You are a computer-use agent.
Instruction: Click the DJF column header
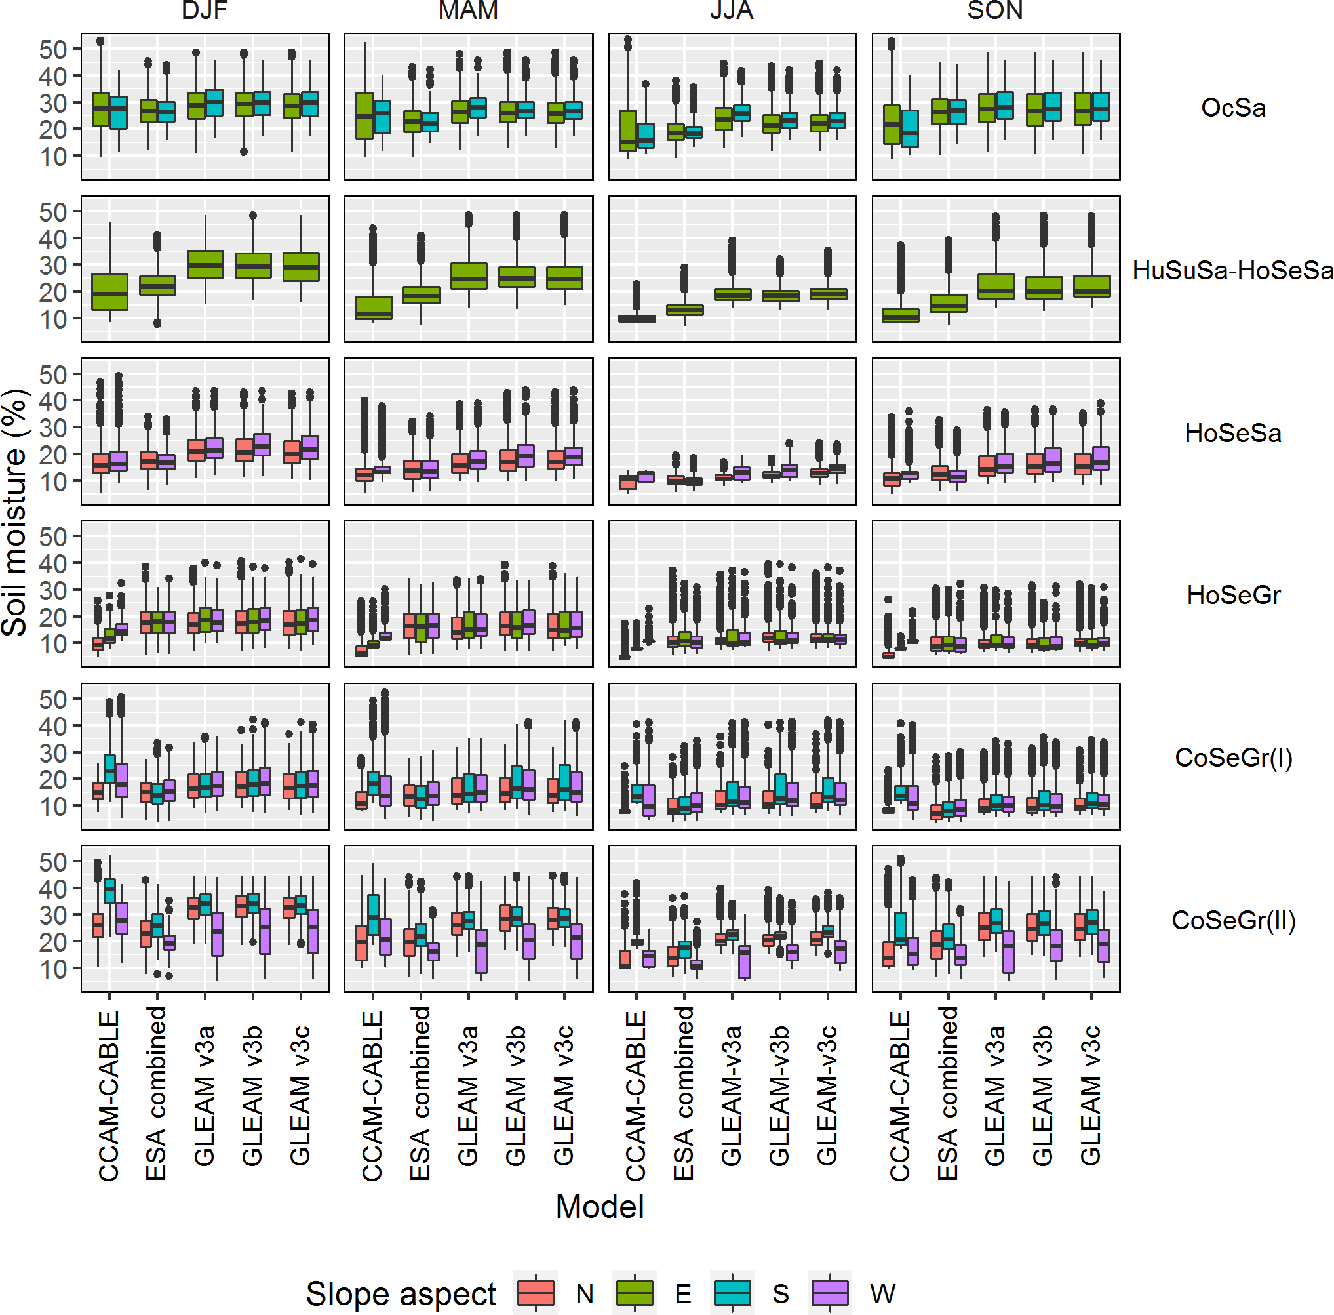(x=205, y=10)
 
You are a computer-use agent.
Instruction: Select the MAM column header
(x=468, y=10)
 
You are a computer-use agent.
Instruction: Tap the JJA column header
(x=732, y=10)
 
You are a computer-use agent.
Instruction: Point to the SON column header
(x=995, y=10)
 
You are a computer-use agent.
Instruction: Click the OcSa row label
(x=1233, y=108)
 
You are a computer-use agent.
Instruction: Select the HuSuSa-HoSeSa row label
(x=1233, y=270)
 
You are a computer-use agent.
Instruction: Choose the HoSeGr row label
(x=1233, y=595)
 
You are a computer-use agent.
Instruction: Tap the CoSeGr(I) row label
(x=1233, y=758)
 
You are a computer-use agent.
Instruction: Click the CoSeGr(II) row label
(x=1233, y=920)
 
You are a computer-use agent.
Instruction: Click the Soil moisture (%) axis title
(x=15, y=511)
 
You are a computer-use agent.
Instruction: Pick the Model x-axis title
(x=600, y=1207)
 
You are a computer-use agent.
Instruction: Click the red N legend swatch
(x=536, y=1293)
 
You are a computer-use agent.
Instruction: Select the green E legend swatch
(x=634, y=1293)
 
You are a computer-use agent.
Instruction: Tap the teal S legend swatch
(x=732, y=1293)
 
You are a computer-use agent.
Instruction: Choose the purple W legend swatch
(x=830, y=1293)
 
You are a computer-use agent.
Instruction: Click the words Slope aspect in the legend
(x=401, y=1293)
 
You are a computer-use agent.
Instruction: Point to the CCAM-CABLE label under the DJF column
(x=109, y=1095)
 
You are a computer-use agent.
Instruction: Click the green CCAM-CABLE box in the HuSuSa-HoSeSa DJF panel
(x=109, y=291)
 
